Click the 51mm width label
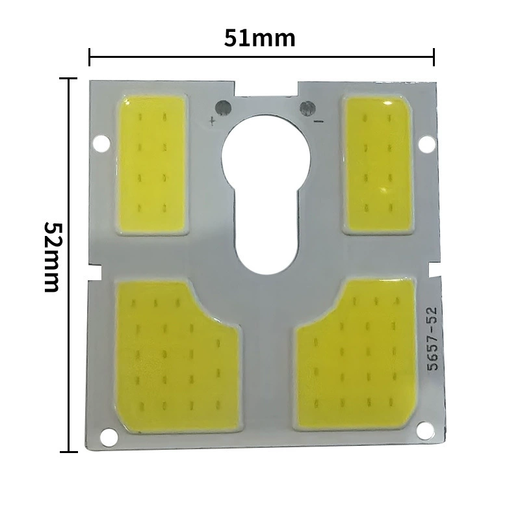click(259, 38)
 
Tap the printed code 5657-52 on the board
click(432, 339)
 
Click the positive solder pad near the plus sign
click(223, 107)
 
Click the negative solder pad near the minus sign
click(307, 108)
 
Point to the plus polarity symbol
click(212, 121)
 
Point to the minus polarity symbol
click(318, 122)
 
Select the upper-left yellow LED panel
click(152, 164)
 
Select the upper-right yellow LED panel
click(378, 165)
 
